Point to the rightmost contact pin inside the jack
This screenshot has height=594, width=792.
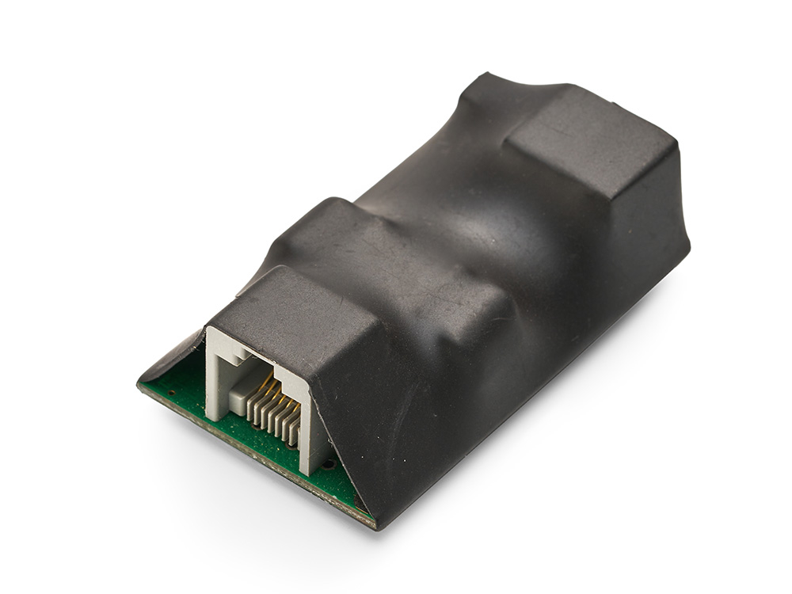[295, 432]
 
